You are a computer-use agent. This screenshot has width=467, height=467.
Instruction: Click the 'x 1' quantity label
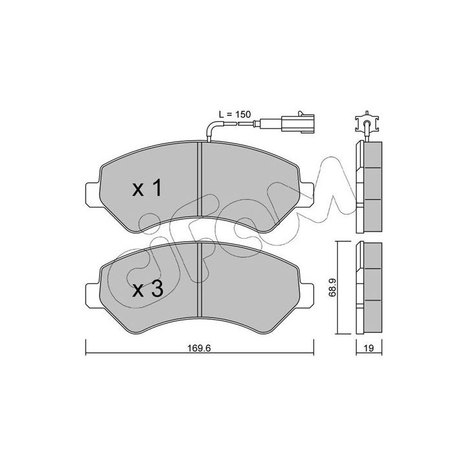(147, 188)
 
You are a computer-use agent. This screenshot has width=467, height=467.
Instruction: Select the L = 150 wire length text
(235, 114)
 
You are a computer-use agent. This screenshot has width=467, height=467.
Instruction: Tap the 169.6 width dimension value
(199, 348)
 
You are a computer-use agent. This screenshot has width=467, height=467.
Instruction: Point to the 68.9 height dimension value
(332, 287)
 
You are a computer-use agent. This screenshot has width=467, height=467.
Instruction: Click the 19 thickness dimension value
(368, 348)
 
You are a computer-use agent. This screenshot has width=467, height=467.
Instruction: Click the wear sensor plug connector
(287, 122)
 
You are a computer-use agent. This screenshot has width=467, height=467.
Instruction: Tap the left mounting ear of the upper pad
(93, 195)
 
